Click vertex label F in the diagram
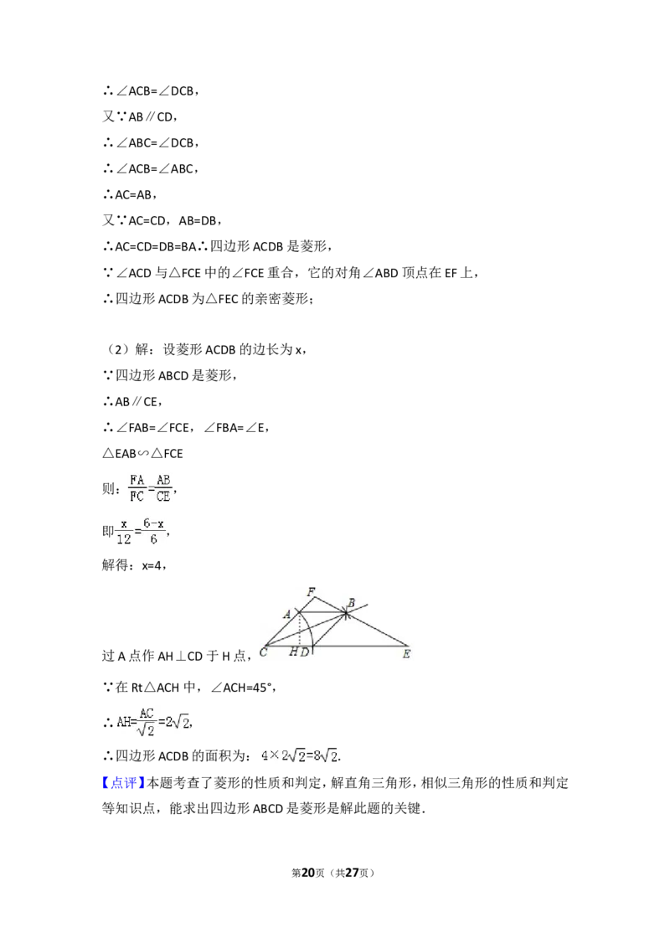311,592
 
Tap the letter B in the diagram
351,603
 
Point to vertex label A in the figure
286,615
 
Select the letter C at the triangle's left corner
263,652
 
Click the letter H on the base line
294,652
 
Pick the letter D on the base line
305,652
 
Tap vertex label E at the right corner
406,653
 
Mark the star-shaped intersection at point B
345,614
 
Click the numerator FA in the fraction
137,480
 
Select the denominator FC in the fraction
137,495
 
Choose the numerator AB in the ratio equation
163,480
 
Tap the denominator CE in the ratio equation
163,495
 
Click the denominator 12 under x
124,539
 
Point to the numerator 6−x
154,523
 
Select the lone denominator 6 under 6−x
154,539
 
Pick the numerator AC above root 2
147,714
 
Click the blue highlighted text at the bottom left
123,781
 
